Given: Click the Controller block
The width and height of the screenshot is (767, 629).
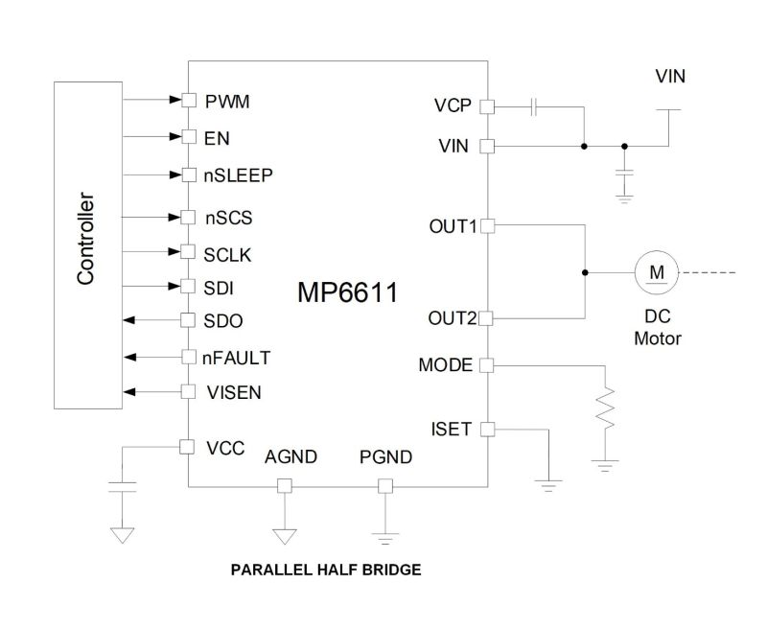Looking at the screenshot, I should click(85, 244).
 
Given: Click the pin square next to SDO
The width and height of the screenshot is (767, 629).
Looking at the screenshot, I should click(188, 321).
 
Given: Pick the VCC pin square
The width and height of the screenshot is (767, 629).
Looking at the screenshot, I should click(188, 446).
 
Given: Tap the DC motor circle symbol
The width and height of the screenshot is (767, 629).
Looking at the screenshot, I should click(657, 273).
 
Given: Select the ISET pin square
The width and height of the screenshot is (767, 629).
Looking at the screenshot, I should click(486, 429).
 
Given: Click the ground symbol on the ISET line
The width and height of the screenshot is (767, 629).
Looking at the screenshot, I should click(549, 483).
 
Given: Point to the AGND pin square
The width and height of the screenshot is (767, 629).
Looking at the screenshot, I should click(284, 486).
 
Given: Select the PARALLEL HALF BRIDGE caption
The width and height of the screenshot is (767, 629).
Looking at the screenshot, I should click(326, 570).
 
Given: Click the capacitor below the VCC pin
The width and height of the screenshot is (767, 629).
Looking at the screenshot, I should click(122, 485).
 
